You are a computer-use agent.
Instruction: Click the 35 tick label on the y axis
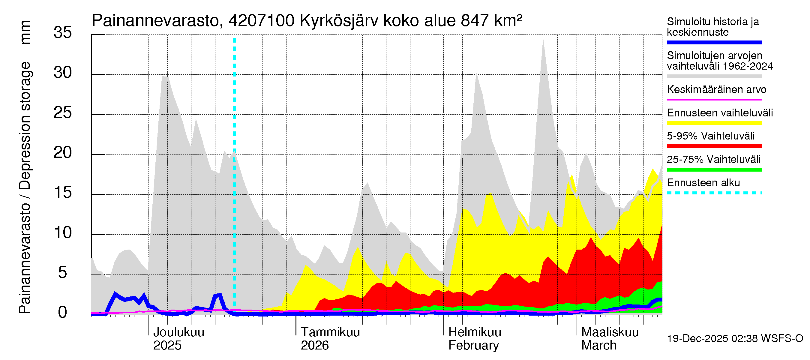tap(63, 32)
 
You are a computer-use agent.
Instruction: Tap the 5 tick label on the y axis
tap(63, 272)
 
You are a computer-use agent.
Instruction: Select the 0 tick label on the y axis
tap(63, 313)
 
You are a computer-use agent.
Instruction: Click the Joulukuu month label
tap(178, 332)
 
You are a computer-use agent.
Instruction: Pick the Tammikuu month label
tap(330, 332)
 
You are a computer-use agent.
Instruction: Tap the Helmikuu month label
tap(475, 332)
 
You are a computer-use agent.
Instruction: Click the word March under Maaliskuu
tap(599, 345)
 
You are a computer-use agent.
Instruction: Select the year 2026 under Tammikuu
tap(314, 345)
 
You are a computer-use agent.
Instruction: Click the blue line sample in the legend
tap(714, 42)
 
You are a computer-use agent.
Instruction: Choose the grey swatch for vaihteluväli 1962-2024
tap(714, 76)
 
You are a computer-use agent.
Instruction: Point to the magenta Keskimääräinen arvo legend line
tap(714, 100)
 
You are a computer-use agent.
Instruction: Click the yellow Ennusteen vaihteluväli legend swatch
tap(714, 123)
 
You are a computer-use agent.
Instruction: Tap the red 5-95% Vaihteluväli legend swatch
tap(714, 146)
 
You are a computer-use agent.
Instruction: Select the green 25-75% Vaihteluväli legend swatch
tap(714, 170)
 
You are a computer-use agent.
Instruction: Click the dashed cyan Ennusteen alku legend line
tap(714, 193)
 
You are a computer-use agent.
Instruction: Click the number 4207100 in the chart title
tap(262, 21)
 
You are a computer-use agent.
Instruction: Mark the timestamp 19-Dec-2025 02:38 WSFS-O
tap(735, 338)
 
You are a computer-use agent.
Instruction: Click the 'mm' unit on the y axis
tap(25, 32)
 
